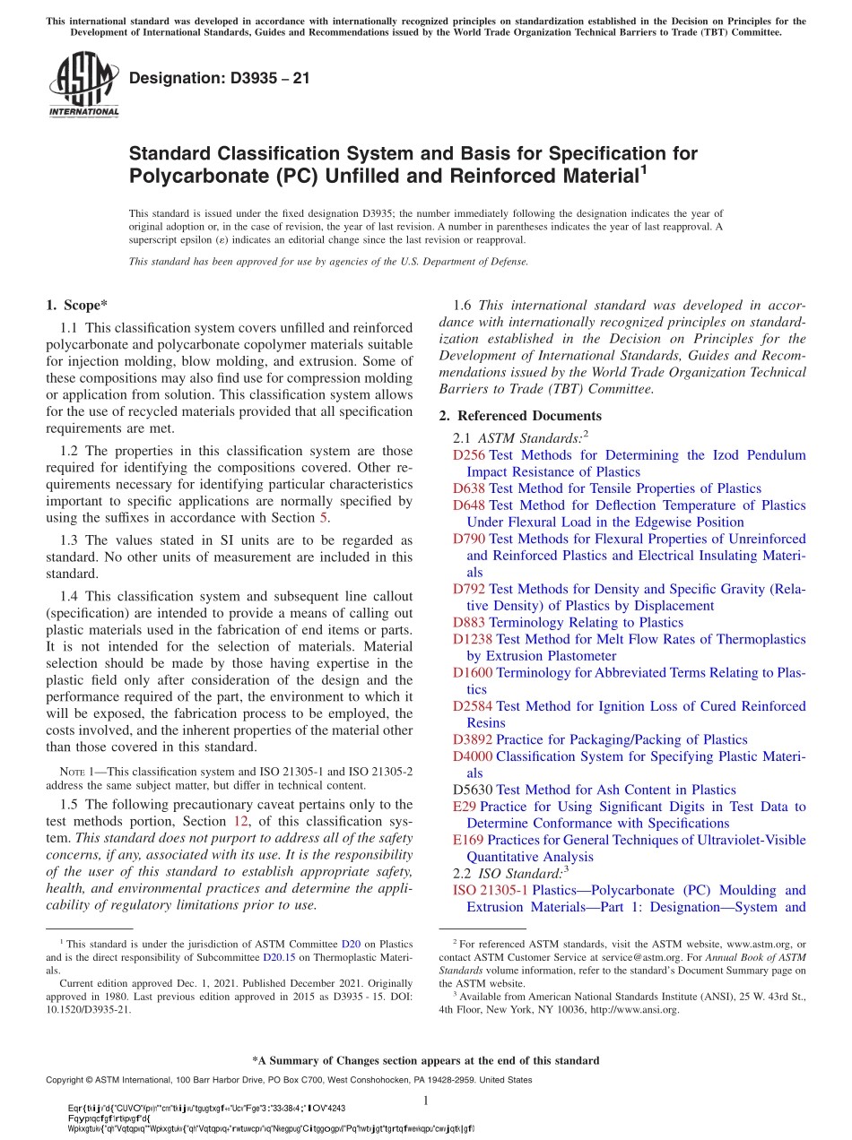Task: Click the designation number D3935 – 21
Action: click(x=220, y=78)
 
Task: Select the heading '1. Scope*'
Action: click(x=78, y=305)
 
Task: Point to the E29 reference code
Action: click(x=465, y=807)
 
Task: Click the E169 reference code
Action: click(x=468, y=840)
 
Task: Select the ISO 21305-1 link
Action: click(x=491, y=890)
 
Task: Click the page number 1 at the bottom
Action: click(x=426, y=1101)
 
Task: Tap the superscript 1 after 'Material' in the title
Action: click(x=641, y=168)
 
